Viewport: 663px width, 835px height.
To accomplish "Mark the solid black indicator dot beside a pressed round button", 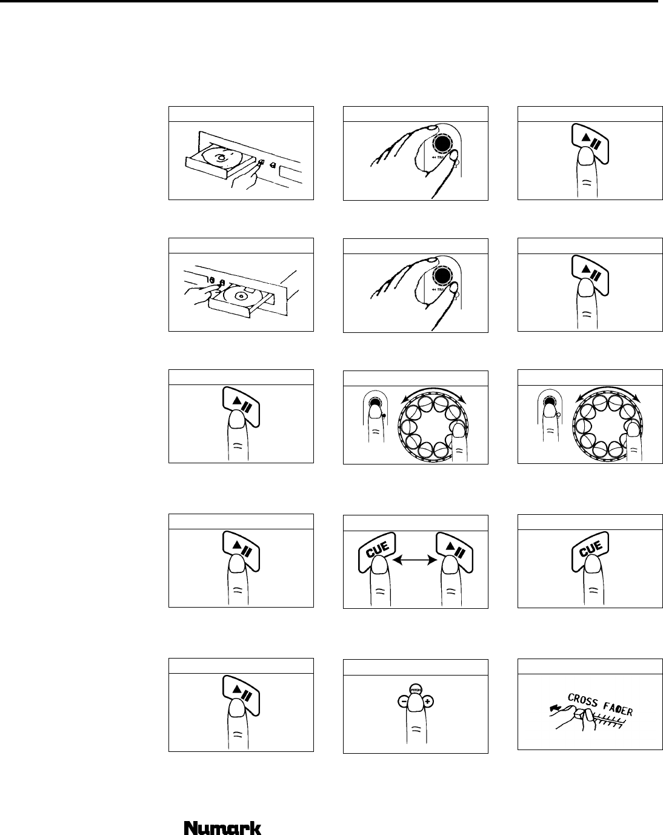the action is point(384,415).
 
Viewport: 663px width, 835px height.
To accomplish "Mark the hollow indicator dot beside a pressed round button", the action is point(559,415).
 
